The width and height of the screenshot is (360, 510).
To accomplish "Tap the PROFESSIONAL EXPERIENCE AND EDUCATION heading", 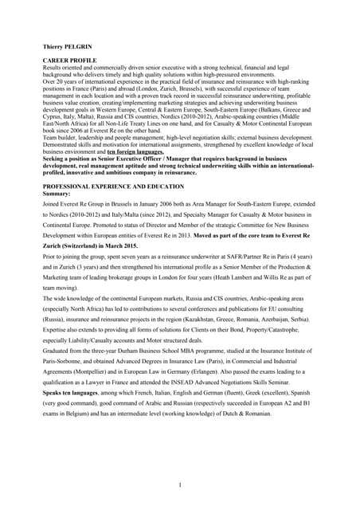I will click(113, 185).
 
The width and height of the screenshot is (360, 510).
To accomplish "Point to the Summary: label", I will click(57, 193).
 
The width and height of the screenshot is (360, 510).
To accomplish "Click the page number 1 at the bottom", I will click(181, 484).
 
